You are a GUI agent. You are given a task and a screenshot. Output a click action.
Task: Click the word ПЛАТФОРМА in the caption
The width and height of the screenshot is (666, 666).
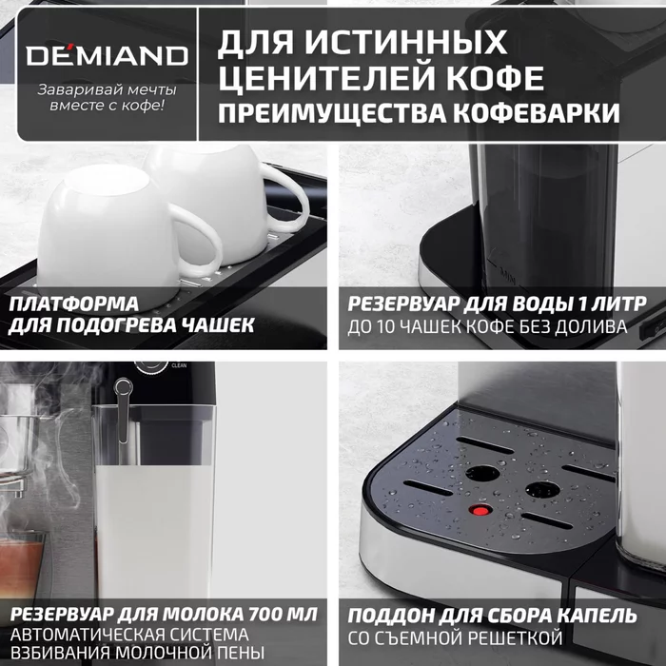pos(75,304)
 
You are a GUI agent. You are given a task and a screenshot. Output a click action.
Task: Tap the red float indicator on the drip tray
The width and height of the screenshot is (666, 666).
pos(480,511)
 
